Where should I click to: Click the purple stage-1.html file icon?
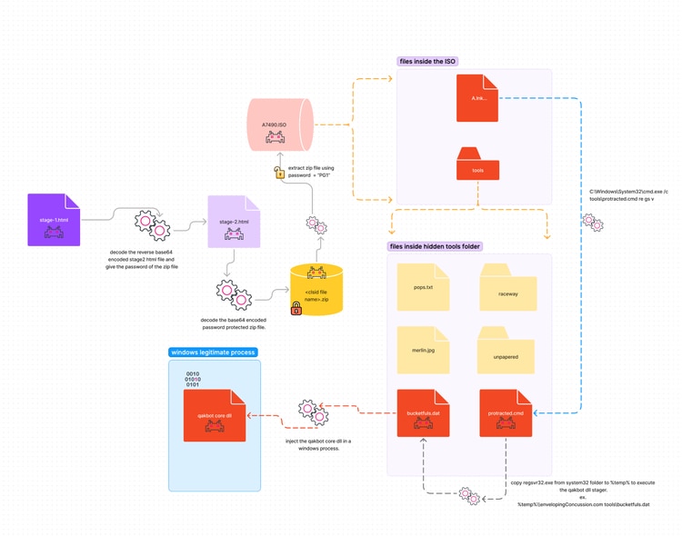(x=55, y=219)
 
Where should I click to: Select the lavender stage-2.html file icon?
(x=234, y=222)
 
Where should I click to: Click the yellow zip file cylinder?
(x=316, y=290)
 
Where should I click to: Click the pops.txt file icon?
(x=423, y=285)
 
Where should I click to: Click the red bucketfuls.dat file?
(x=423, y=414)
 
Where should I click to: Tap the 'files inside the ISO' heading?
(x=427, y=61)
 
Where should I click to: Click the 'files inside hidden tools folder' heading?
(x=435, y=246)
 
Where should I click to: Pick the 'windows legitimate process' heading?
(x=213, y=352)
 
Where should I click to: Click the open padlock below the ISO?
(x=278, y=172)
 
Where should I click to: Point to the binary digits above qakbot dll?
(x=193, y=379)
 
